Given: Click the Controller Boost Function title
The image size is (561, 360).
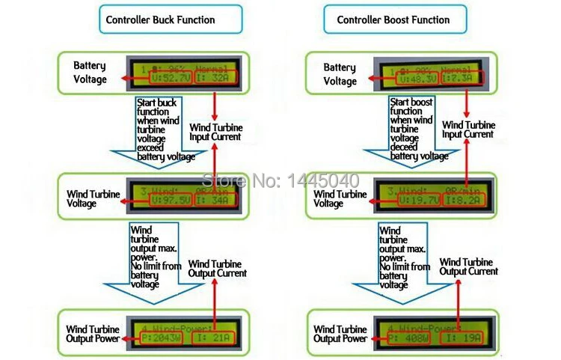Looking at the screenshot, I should [x=393, y=20].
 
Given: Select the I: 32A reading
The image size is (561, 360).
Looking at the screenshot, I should [x=215, y=76].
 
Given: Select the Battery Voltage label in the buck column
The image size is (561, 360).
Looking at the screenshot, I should [x=91, y=73].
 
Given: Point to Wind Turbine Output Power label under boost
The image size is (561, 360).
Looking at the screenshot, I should [x=341, y=334].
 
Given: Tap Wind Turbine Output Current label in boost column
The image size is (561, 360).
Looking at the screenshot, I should [x=469, y=266].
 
